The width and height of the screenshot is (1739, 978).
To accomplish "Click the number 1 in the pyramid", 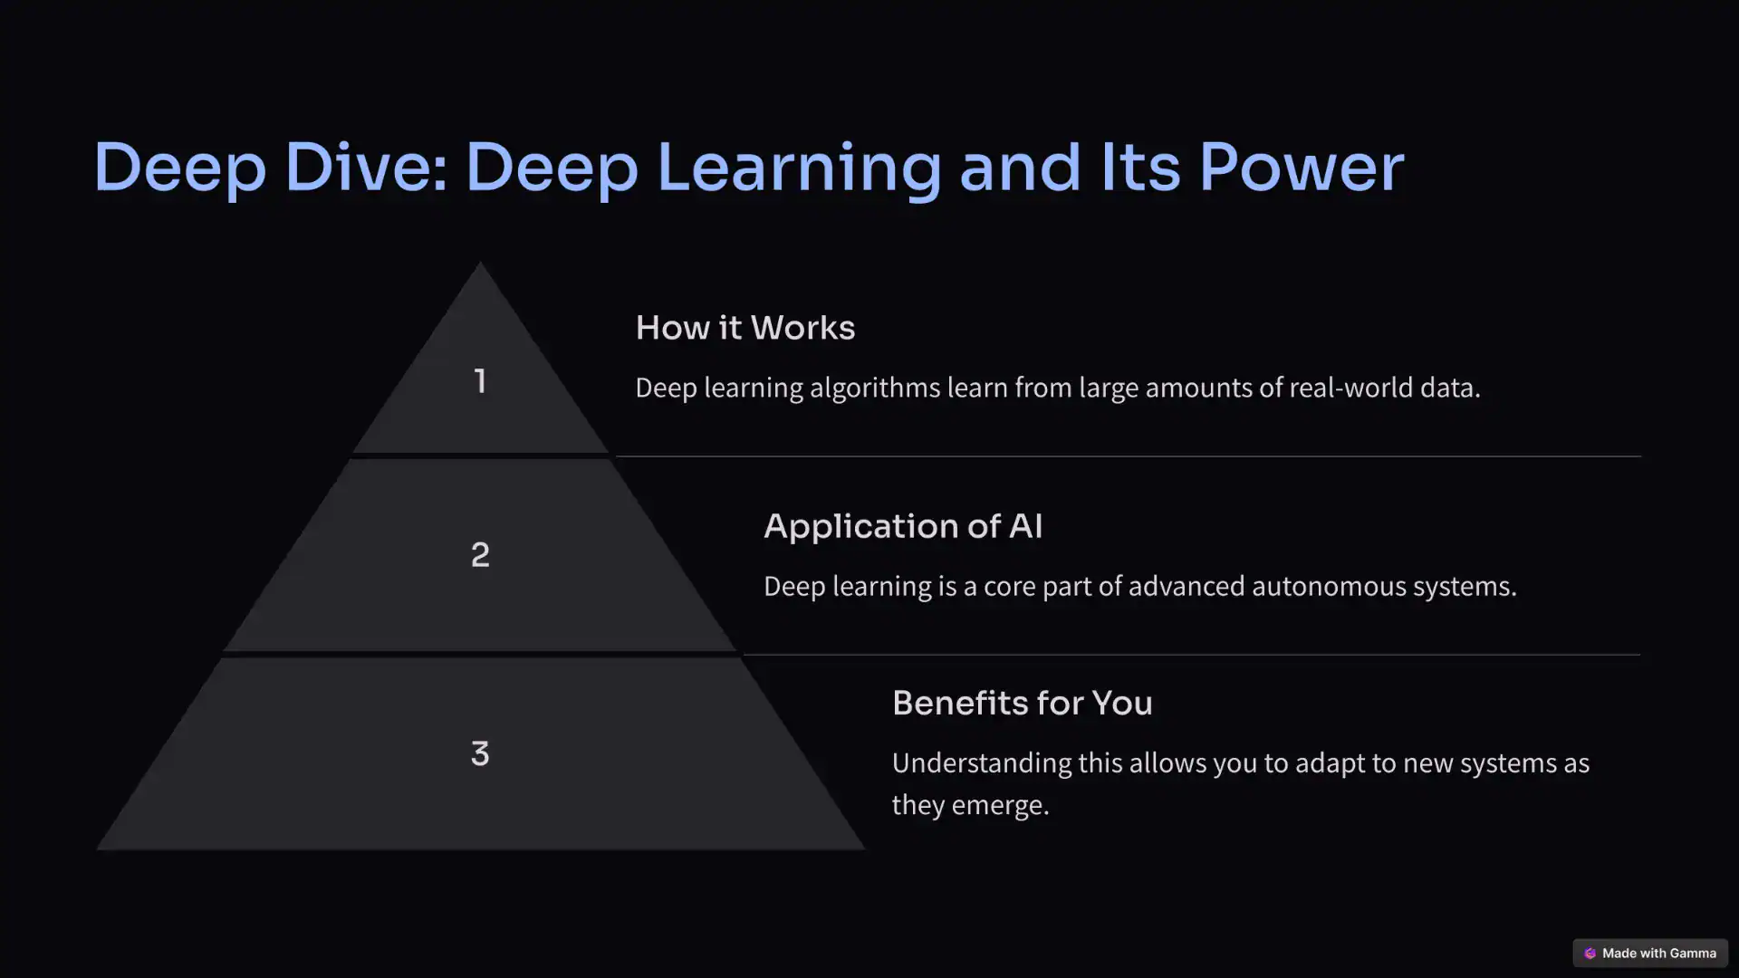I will point(480,381).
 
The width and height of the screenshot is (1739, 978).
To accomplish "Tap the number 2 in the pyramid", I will point(480,554).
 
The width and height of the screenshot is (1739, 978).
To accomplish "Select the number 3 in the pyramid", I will point(480,753).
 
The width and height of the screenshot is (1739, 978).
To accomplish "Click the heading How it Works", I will point(745,328).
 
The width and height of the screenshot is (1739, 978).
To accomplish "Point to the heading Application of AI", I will point(902,526).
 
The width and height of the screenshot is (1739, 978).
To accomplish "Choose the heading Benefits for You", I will point(1022,703).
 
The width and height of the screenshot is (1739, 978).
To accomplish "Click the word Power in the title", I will point(1301,168).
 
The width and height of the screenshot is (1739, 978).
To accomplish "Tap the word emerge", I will point(999,806).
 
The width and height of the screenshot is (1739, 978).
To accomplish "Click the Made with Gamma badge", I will point(1649,953).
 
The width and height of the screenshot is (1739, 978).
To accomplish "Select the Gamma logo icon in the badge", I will point(1590,953).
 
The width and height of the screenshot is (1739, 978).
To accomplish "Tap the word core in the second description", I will point(1009,587).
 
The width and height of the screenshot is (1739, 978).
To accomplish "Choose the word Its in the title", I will point(1140,168).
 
